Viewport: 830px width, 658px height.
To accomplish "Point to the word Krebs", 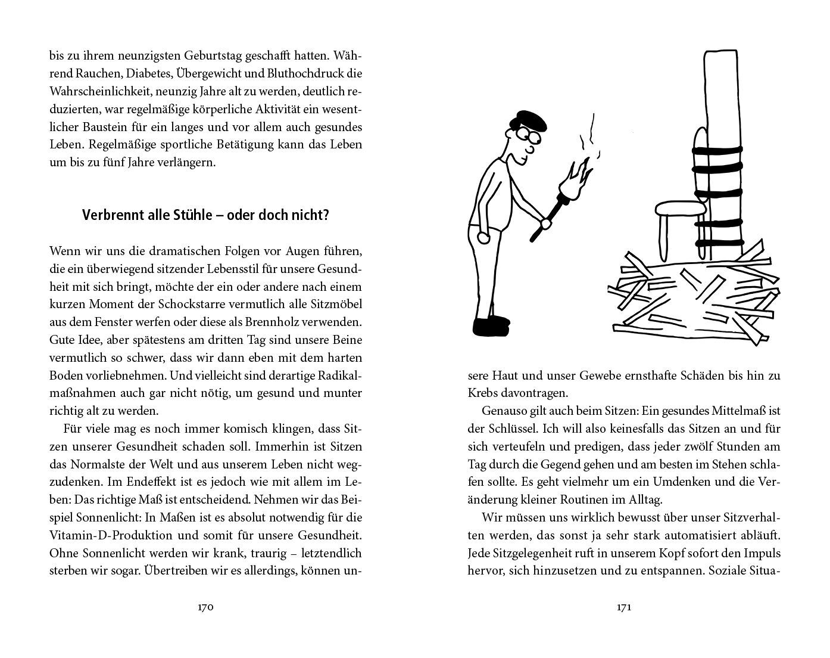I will click(483, 393).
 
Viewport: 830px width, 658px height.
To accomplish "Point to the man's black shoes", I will click(491, 325).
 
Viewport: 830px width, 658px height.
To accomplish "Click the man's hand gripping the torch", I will click(544, 225).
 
